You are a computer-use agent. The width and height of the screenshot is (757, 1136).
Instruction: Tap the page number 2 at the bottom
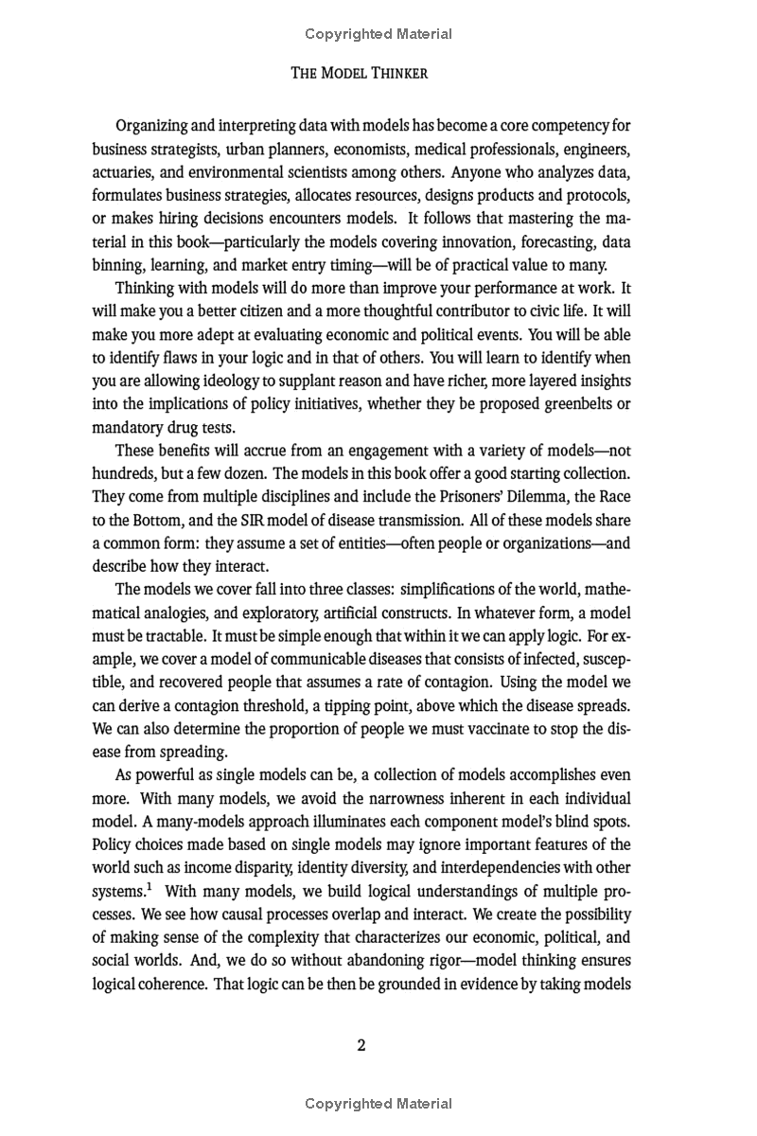click(361, 1045)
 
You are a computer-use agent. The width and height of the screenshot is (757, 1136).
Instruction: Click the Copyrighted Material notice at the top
click(378, 34)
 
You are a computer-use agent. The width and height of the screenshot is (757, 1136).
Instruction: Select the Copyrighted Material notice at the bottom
click(378, 1104)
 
